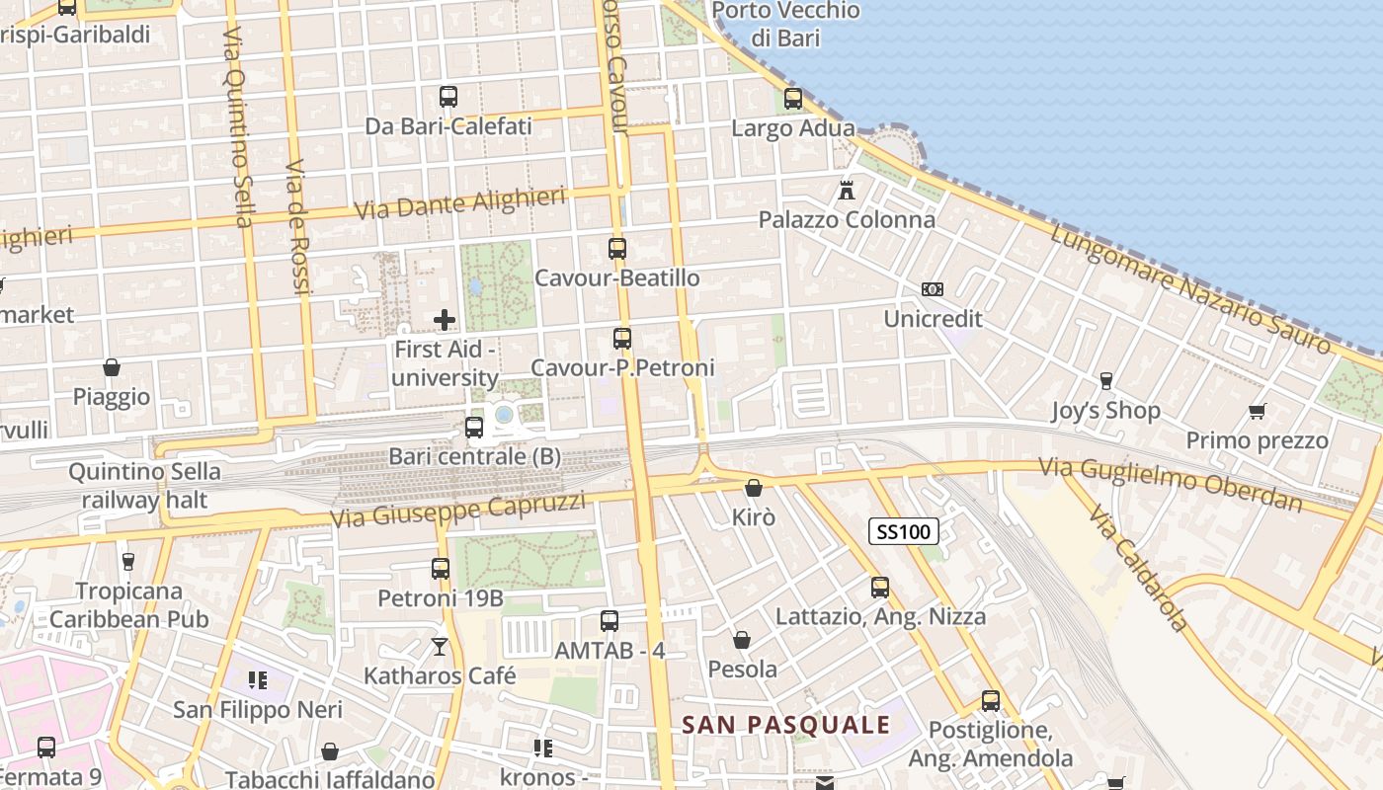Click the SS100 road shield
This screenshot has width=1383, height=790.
(x=903, y=532)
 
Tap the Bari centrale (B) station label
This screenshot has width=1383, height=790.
(x=474, y=456)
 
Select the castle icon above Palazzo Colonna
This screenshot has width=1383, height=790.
(x=847, y=190)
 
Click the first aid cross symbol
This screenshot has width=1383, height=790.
(x=445, y=319)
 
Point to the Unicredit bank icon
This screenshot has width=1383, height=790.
(x=932, y=289)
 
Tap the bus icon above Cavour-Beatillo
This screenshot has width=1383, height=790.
(x=617, y=249)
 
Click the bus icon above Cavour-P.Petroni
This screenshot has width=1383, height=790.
(x=621, y=339)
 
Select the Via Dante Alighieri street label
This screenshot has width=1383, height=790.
(x=459, y=203)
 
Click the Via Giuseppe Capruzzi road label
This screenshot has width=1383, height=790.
(x=457, y=511)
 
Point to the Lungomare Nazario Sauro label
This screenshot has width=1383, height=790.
(x=1190, y=287)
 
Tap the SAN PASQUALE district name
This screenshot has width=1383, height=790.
(x=785, y=726)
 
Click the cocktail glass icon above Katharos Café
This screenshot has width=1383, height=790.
(x=440, y=647)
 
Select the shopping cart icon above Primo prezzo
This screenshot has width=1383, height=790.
(x=1257, y=411)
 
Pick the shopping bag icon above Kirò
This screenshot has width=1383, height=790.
(x=754, y=488)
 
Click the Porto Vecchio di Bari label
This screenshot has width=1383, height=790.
(x=785, y=25)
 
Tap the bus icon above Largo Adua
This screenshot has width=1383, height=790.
(x=792, y=99)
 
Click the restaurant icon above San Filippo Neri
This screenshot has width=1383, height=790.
(x=258, y=679)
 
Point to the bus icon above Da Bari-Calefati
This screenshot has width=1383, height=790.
(x=448, y=97)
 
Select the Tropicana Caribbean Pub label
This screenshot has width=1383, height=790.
(x=129, y=604)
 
